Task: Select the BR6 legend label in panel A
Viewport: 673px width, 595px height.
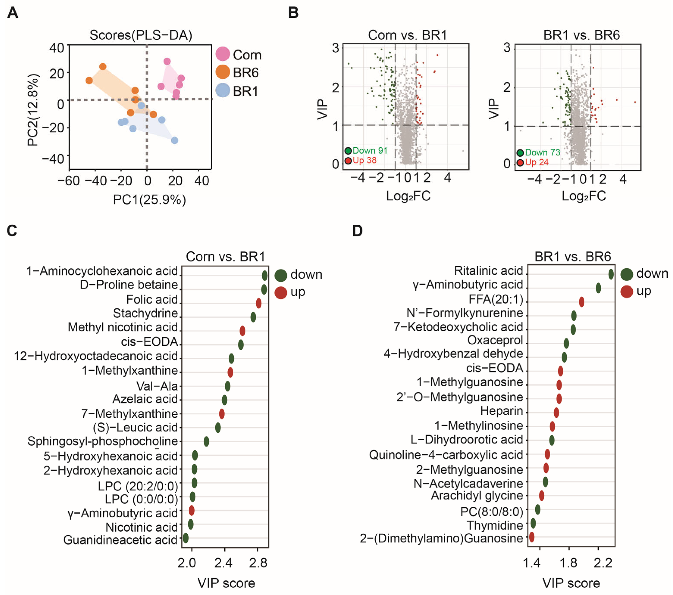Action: click(x=246, y=72)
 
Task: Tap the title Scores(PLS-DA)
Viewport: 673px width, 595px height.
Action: click(x=141, y=35)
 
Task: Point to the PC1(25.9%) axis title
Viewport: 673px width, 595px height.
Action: click(x=150, y=200)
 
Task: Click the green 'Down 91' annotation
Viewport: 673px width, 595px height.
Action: click(x=370, y=151)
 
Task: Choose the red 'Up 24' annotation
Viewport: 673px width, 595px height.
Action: click(x=537, y=162)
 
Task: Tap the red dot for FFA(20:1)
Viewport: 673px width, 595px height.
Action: click(x=581, y=302)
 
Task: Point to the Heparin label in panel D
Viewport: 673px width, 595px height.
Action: click(x=501, y=411)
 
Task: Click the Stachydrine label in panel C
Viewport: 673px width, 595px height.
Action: click(x=145, y=313)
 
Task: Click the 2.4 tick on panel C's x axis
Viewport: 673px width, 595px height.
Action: click(x=223, y=563)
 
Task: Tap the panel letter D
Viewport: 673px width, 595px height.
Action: click(x=357, y=231)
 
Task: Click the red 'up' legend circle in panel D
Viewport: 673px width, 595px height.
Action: click(x=627, y=291)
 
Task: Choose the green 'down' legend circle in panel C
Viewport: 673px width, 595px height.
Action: click(x=281, y=275)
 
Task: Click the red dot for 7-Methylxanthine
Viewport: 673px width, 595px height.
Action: click(x=222, y=414)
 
